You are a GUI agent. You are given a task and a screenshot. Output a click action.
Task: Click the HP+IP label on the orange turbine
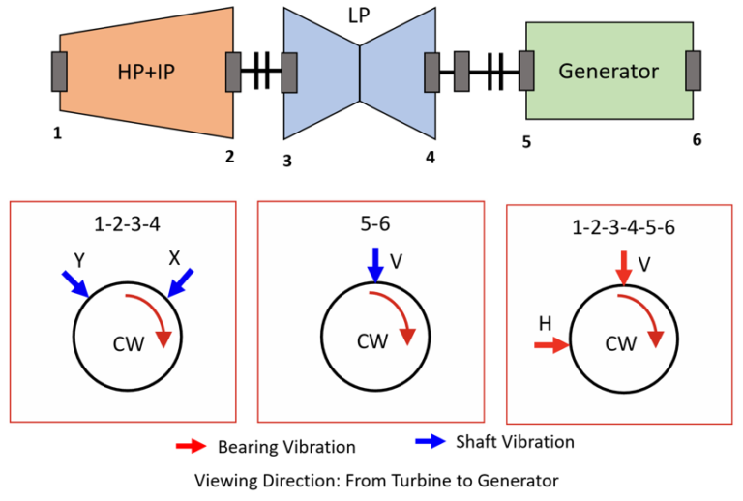click(146, 72)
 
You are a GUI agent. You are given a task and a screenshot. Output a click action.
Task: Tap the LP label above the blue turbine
click(359, 15)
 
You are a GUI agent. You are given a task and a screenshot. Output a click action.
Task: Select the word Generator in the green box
click(609, 71)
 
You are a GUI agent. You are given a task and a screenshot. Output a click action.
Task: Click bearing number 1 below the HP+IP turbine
click(57, 133)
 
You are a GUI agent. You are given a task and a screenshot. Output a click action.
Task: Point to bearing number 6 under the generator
click(697, 139)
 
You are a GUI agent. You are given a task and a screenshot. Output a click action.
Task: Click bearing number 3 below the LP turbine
click(287, 161)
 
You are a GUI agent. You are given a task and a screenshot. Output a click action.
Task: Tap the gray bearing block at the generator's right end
click(694, 71)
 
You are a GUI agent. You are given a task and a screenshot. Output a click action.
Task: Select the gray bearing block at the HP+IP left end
click(59, 72)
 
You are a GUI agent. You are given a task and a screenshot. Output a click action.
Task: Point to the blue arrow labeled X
click(181, 283)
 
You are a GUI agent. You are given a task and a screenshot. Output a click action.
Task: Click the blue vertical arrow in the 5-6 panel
click(375, 265)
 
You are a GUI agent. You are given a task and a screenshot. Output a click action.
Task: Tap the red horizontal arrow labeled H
click(551, 345)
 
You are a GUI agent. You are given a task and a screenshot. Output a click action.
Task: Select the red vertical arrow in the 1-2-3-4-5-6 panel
click(624, 269)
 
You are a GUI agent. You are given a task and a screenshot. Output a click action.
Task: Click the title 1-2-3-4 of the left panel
click(127, 224)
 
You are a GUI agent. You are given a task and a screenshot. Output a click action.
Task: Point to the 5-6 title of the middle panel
click(375, 223)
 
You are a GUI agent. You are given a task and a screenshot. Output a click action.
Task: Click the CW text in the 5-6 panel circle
click(372, 341)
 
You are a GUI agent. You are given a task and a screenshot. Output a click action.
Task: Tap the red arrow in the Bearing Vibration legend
click(191, 446)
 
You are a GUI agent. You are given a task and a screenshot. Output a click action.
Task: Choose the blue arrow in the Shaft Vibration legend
click(431, 441)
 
